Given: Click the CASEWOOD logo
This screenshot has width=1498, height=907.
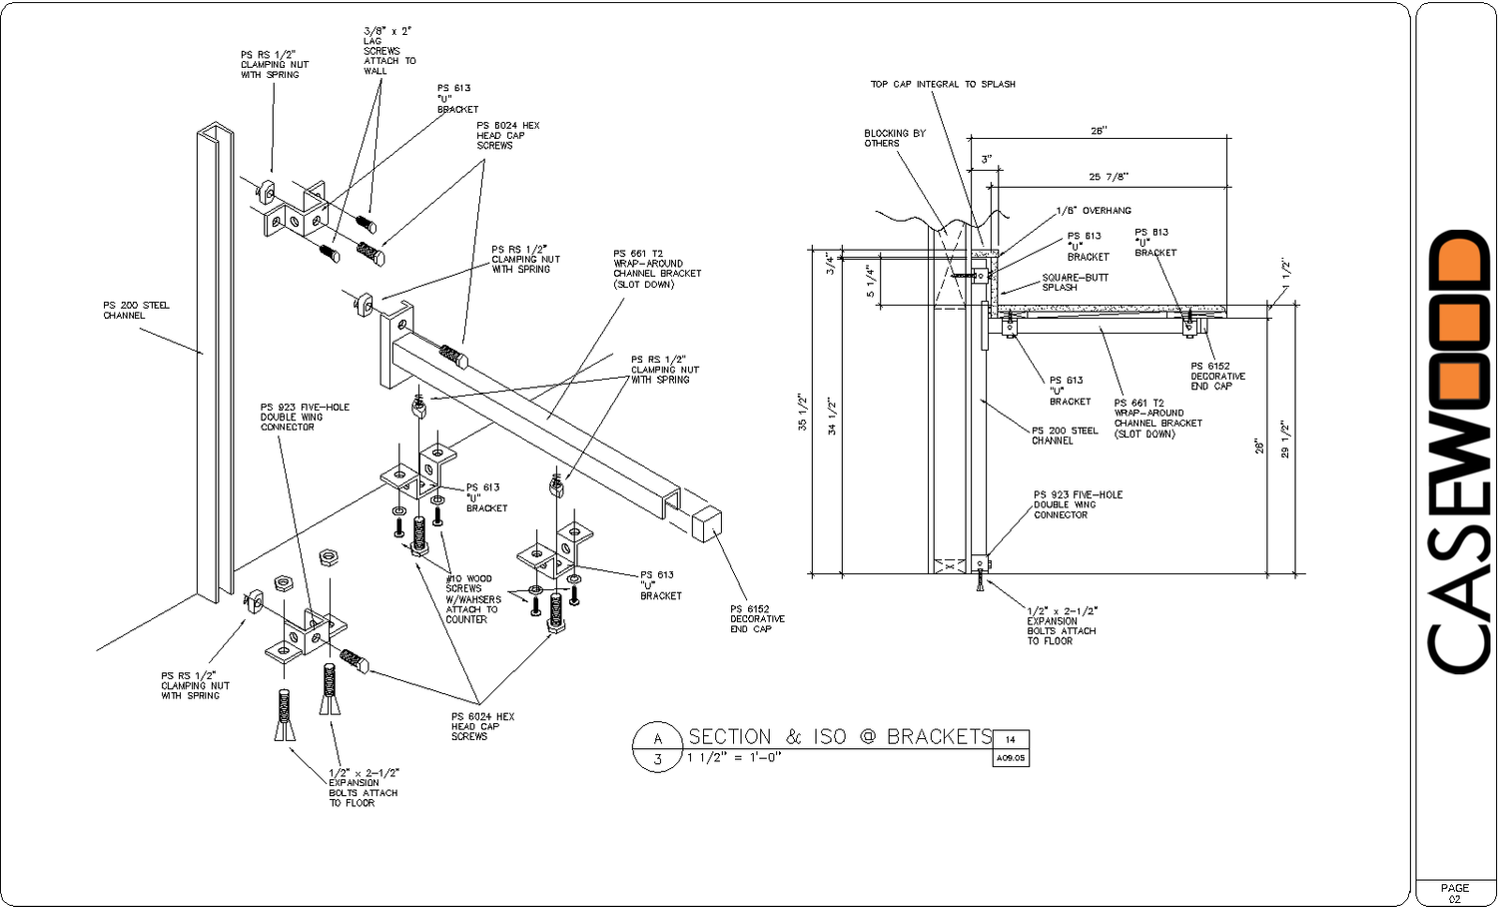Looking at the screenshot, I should [1459, 453].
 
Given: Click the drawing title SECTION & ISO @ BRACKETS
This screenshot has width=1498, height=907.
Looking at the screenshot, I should [839, 737].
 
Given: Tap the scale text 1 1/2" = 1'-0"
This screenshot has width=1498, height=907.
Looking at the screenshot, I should [734, 757].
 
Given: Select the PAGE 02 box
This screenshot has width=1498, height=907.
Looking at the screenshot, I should [1454, 893].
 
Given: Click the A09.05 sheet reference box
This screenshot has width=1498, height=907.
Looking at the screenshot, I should [1011, 758].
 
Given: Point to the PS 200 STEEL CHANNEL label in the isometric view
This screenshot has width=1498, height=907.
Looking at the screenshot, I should [136, 311].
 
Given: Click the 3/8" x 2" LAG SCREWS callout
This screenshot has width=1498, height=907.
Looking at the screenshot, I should [388, 51].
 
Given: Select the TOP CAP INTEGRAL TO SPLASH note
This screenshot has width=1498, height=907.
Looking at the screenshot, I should [942, 85].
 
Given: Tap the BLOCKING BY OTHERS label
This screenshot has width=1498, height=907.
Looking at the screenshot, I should [894, 138].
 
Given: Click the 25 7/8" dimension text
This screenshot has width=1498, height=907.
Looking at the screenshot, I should [1108, 177].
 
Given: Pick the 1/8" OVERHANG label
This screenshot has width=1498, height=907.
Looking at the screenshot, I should [1094, 211].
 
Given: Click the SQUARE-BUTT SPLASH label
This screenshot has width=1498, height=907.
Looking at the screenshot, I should [1075, 283].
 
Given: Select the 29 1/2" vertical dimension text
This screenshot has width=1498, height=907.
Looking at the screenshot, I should [1285, 440].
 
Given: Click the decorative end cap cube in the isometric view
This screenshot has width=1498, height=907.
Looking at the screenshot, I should [706, 522].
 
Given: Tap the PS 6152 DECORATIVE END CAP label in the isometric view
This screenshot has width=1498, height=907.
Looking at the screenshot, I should [756, 618].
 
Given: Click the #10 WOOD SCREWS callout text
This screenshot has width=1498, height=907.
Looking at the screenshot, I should [472, 598].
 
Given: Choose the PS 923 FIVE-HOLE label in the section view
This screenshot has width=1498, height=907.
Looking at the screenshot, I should [1078, 504].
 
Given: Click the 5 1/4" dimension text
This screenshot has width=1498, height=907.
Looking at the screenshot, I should [870, 281].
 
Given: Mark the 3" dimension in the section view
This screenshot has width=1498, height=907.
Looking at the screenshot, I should [986, 160].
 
